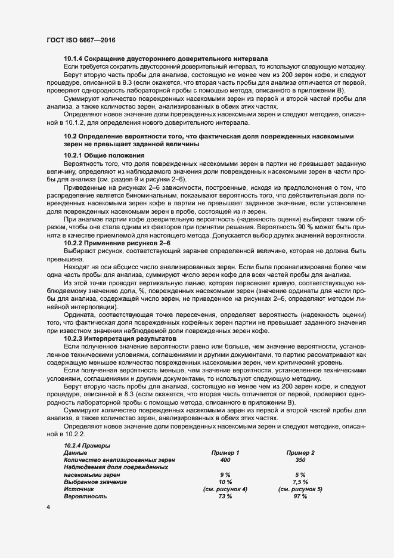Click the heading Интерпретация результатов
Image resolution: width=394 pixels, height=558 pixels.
click(x=124, y=339)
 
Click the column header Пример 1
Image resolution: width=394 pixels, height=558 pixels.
click(x=225, y=453)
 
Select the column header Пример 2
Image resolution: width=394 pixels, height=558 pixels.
click(x=300, y=453)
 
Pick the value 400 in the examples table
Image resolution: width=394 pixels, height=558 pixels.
click(x=225, y=460)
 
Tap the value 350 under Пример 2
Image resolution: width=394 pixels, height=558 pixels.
click(x=300, y=460)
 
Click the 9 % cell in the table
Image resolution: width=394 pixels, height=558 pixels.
click(x=225, y=474)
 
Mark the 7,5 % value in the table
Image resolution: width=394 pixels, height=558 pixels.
click(x=300, y=482)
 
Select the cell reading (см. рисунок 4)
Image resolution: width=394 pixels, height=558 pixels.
click(x=225, y=489)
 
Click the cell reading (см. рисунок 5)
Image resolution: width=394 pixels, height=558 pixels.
click(x=300, y=489)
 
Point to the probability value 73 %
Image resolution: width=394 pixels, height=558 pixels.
click(x=225, y=497)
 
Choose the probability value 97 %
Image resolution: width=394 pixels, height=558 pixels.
click(x=300, y=497)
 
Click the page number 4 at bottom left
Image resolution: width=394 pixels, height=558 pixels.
click(x=48, y=508)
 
